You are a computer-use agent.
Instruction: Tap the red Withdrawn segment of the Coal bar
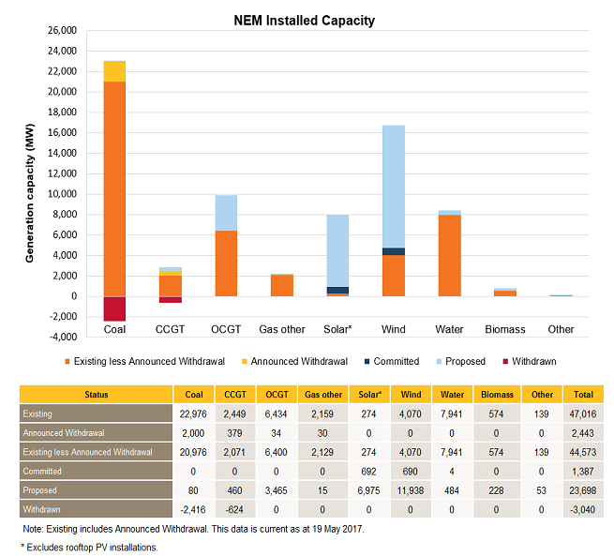114,308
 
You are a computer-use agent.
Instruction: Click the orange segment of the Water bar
449,255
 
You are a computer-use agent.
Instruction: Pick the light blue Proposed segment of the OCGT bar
226,213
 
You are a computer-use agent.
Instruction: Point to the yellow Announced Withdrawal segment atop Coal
114,71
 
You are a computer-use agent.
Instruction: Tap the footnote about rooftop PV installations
90,546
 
